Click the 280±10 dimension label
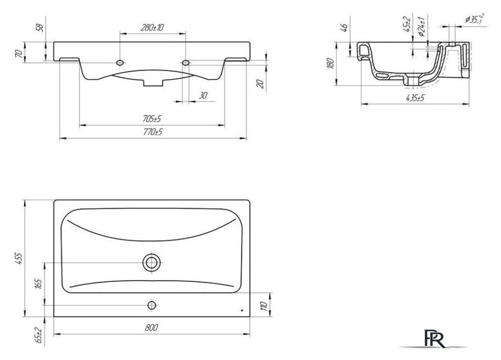pos(153,27)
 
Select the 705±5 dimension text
pos(151,119)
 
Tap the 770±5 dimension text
pos(153,132)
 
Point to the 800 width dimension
pos(151,328)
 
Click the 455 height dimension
pos(19,259)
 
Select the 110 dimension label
pos(264,306)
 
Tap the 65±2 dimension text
pos(39,335)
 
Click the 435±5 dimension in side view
pos(415,98)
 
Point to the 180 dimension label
pos(330,63)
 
